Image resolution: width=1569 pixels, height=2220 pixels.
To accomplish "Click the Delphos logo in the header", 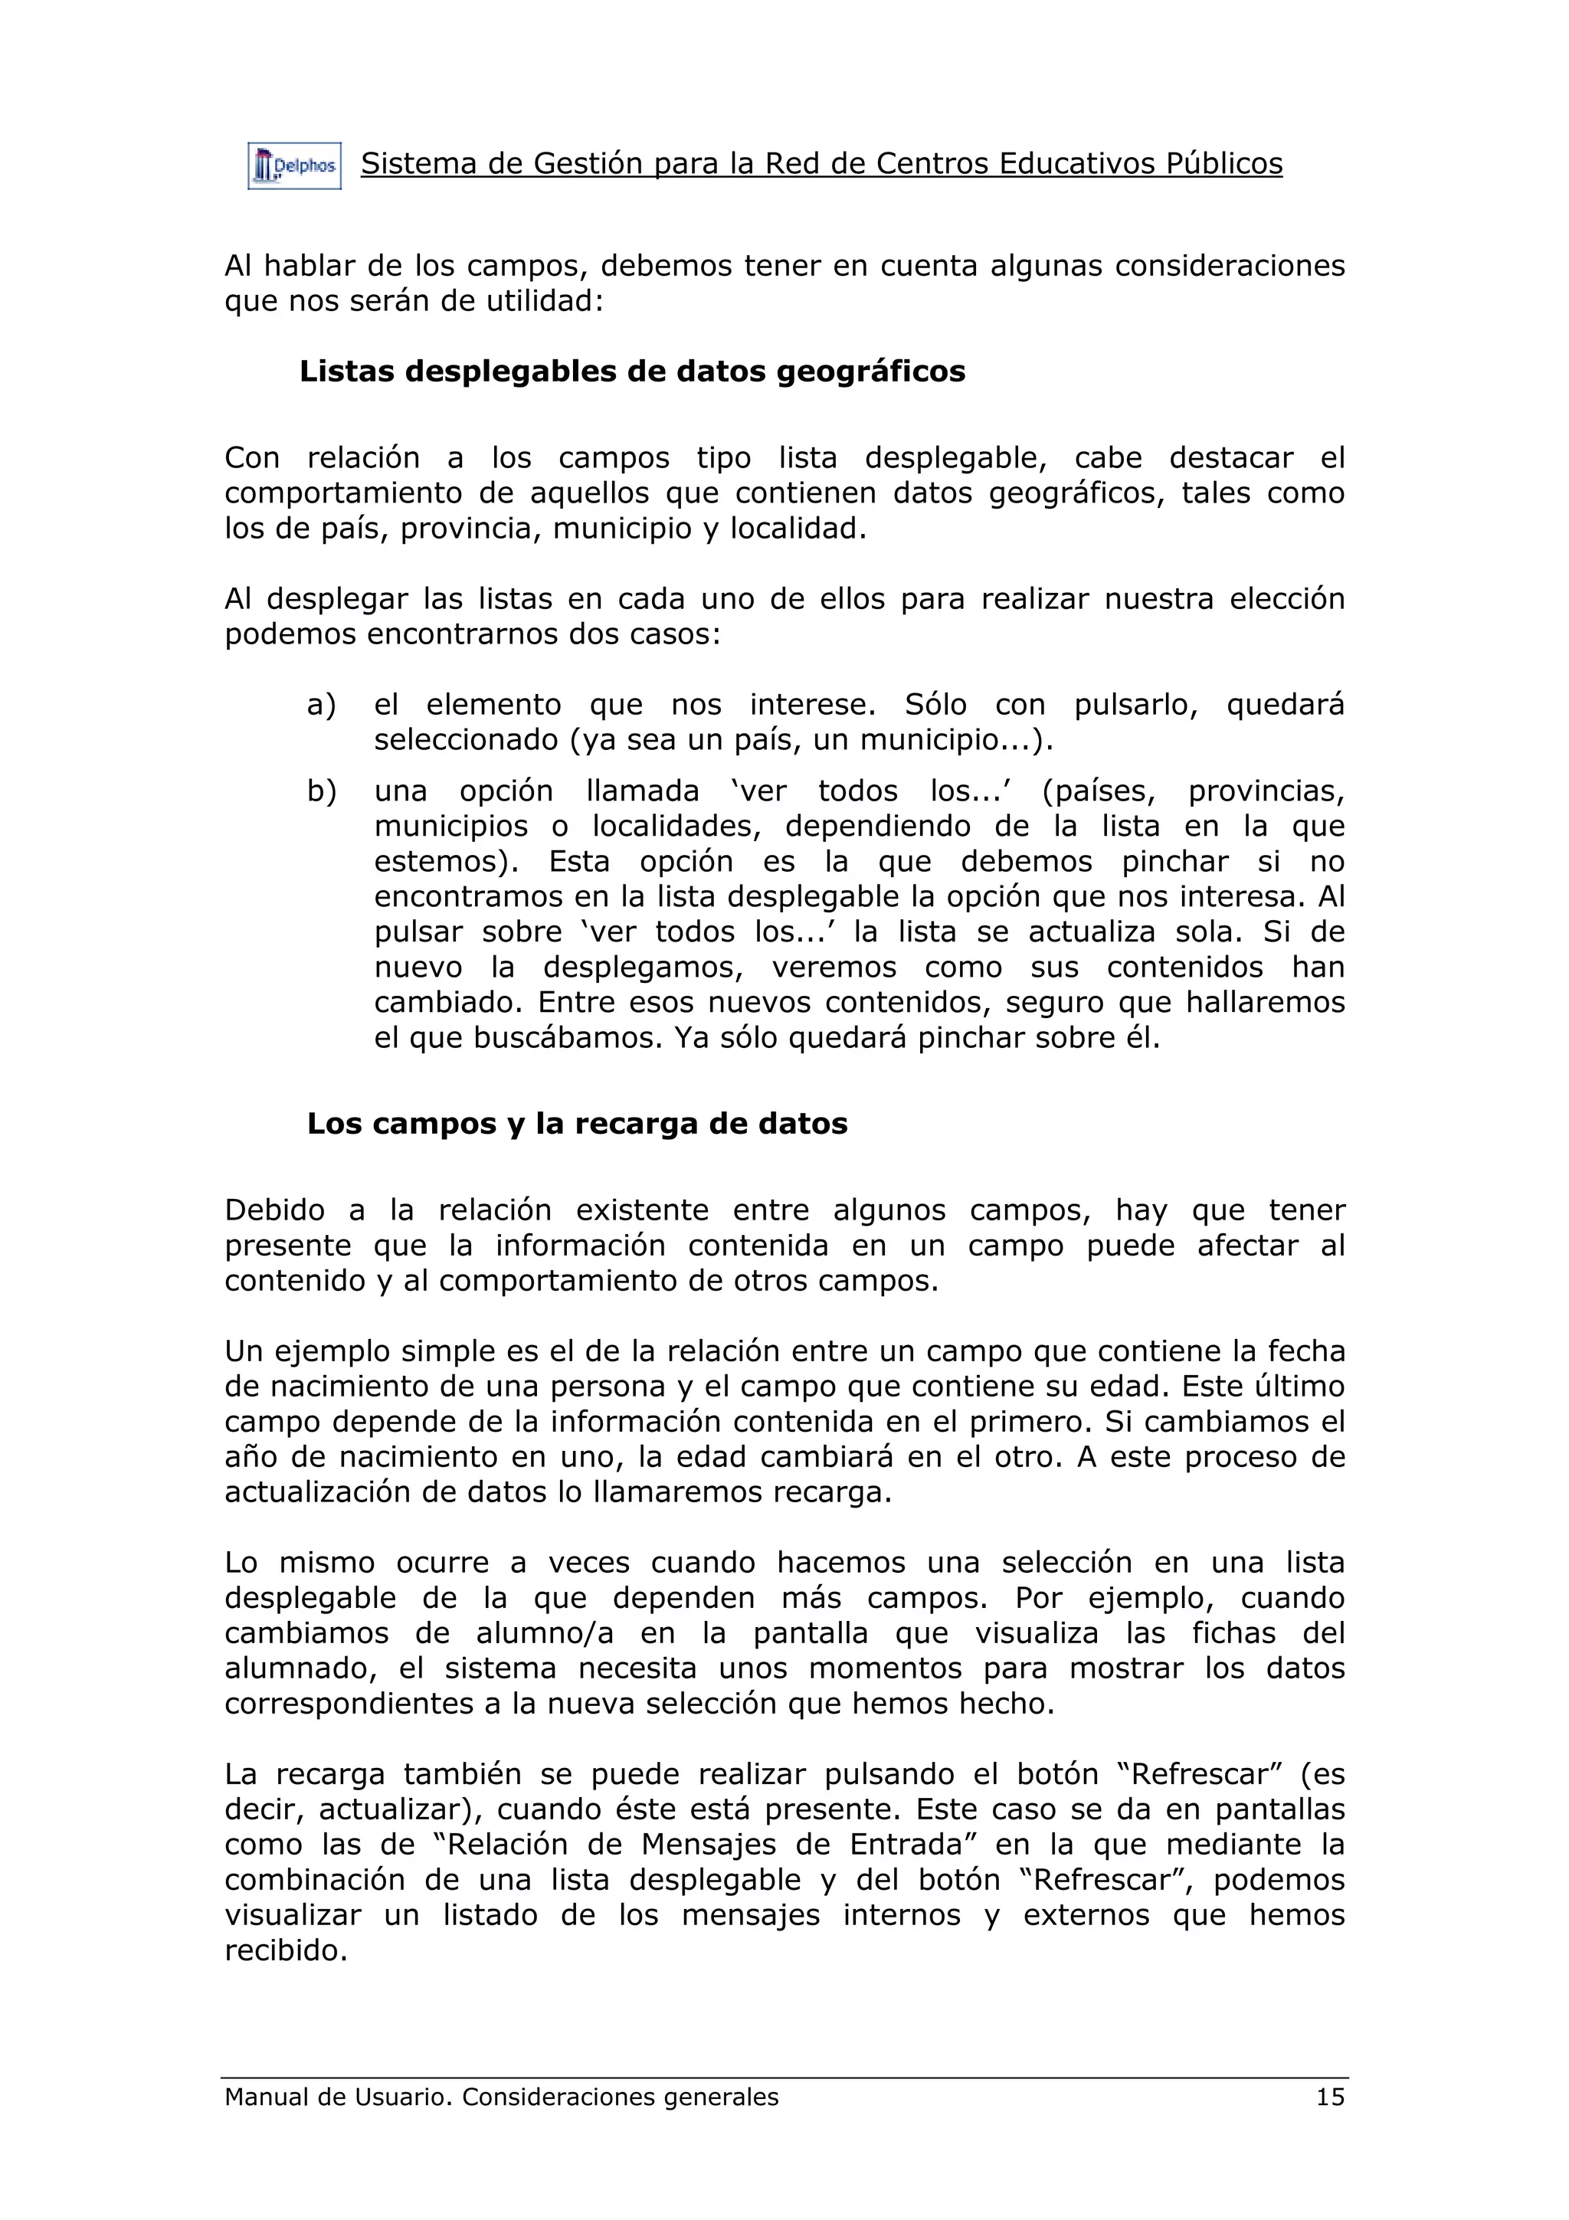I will point(294,166).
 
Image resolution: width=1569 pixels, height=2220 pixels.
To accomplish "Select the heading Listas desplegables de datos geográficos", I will point(632,372).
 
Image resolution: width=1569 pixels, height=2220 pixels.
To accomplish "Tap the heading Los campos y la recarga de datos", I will point(577,1124).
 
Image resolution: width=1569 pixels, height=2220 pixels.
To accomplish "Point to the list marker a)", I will point(321,705).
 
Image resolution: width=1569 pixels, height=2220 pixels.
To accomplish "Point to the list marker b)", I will point(321,791).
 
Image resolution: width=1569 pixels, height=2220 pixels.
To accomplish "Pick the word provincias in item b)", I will point(1266,791).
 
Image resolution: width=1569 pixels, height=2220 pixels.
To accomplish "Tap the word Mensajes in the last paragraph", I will point(709,1844).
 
